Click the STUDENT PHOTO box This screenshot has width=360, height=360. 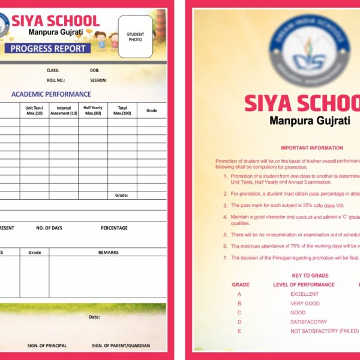point(135,37)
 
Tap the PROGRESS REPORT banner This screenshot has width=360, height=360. point(48,49)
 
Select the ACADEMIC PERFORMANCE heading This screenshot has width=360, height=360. point(51,94)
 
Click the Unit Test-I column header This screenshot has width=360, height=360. point(34,110)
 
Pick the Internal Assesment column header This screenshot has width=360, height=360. point(64,110)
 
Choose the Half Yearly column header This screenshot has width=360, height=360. point(93,110)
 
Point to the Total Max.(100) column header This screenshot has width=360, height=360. point(122,110)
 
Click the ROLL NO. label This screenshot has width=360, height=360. point(56,80)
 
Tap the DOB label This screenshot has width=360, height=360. point(95,70)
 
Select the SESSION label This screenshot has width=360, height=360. point(98,80)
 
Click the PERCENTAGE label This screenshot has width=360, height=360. point(114,228)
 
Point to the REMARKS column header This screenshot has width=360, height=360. point(108,253)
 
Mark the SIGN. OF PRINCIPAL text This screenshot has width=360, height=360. point(47,346)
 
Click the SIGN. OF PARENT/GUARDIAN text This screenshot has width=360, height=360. point(121,346)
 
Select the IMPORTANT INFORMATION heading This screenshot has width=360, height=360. point(311,148)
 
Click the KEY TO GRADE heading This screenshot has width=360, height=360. point(310,275)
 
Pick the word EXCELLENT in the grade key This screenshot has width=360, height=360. point(304,294)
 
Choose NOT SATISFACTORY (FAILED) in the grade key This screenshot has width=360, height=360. point(324,331)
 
